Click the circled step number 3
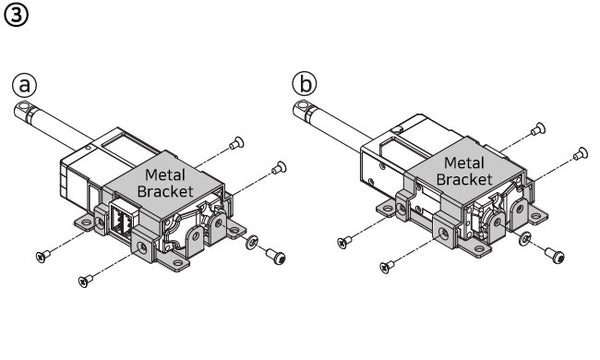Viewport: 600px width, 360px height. coord(16,17)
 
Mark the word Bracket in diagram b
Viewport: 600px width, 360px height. coord(463,180)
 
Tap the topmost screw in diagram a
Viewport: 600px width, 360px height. coord(236,143)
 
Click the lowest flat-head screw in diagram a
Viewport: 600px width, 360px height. coord(84,281)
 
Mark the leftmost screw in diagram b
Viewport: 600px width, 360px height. coord(345,241)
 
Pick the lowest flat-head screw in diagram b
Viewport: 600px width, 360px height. coord(386,266)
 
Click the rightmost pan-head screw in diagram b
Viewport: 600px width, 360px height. coord(579,152)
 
